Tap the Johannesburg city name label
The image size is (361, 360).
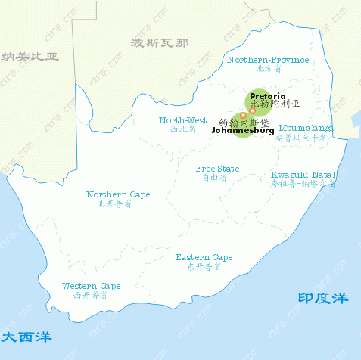coord(241,131)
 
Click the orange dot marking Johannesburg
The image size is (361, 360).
coord(243,116)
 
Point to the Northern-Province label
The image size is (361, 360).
coord(268,59)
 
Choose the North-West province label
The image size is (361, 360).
coord(182,119)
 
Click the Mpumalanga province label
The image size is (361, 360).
coord(306,128)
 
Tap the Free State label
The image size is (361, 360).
coord(217,169)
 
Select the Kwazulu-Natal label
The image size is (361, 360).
coord(303,175)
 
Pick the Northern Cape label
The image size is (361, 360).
coord(118,194)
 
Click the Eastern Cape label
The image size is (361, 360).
coord(204,257)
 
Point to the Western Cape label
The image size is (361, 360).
coord(91,286)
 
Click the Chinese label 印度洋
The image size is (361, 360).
coord(322,299)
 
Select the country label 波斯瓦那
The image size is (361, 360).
coord(159,42)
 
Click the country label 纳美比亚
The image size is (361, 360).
coord(30,57)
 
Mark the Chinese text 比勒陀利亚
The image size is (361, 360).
coord(275,105)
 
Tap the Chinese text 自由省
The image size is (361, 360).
coord(217,178)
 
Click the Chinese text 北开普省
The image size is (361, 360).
coord(118,204)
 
